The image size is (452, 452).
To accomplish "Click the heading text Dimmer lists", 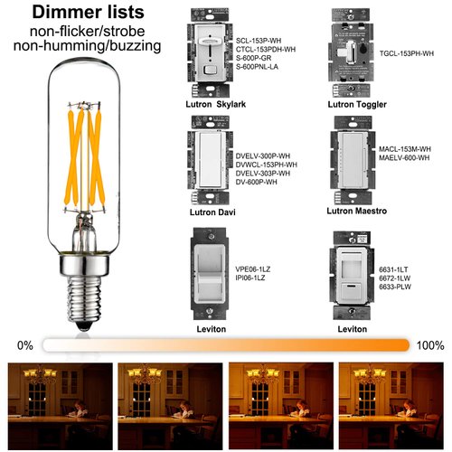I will tap(85, 14).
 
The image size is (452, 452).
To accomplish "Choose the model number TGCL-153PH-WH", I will tap(411, 53).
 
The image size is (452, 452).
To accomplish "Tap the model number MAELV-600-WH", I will tap(405, 159).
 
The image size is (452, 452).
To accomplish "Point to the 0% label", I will tap(24, 345).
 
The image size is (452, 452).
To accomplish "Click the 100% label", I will tap(429, 345).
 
